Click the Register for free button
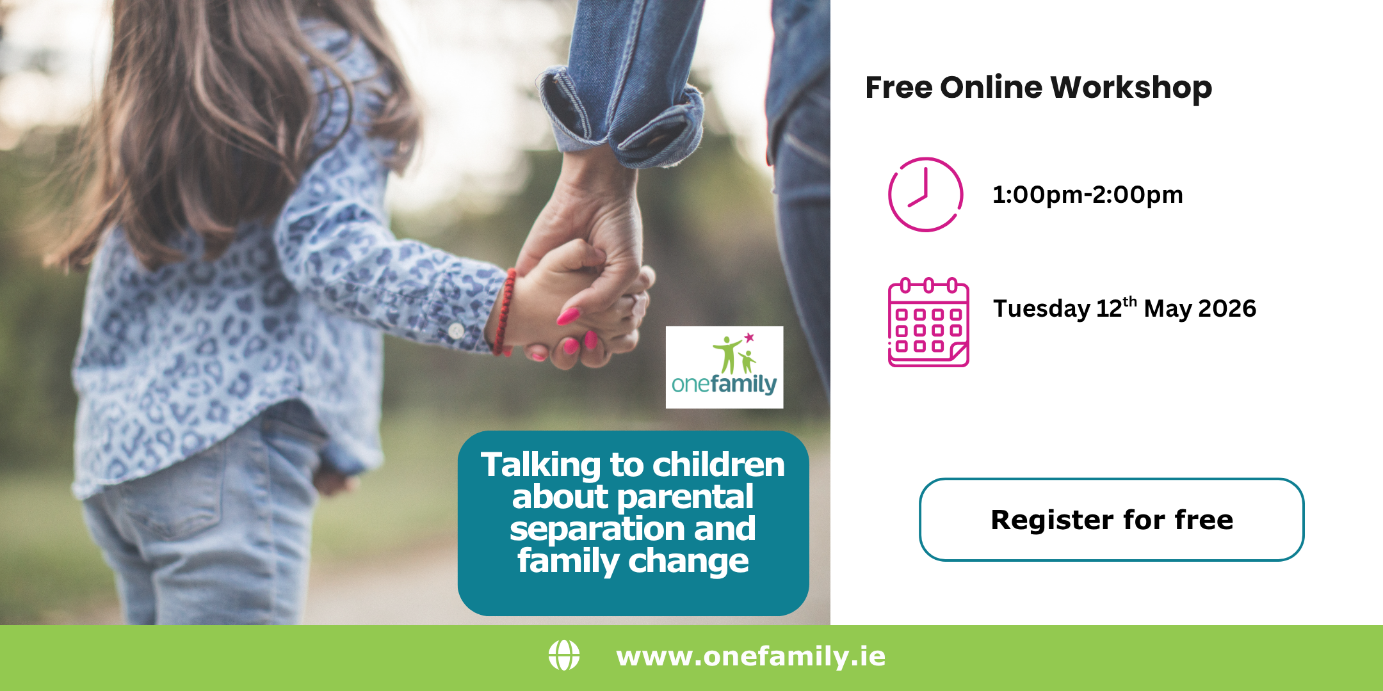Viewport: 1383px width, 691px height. [1112, 520]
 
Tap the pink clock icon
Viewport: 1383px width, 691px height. [925, 195]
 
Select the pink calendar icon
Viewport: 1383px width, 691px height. [928, 322]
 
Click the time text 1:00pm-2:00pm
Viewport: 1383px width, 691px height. [1087, 195]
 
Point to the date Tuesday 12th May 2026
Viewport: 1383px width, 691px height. [1124, 308]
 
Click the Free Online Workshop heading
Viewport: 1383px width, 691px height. [1038, 88]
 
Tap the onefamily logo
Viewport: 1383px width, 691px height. [724, 367]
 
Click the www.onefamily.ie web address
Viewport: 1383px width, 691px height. [750, 656]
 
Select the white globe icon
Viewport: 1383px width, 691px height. [564, 656]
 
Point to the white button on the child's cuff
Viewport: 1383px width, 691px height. [456, 331]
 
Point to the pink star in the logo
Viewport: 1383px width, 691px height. [748, 337]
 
